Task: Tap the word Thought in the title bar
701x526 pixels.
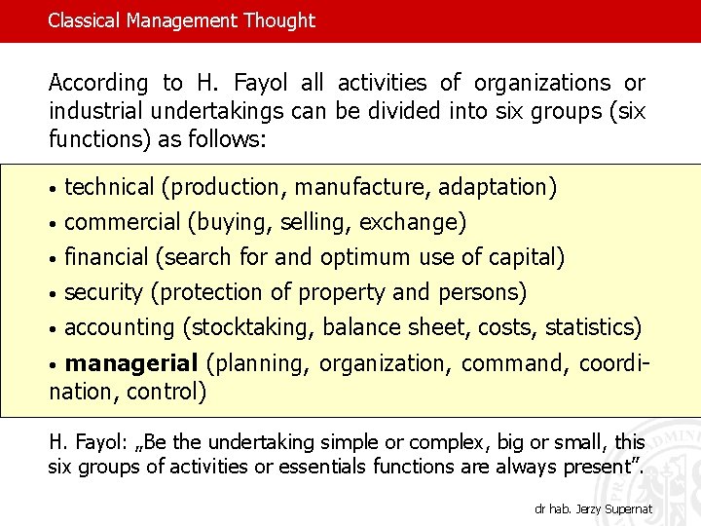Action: coord(278,20)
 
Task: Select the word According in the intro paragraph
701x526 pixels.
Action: coord(98,84)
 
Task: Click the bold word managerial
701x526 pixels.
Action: coord(130,363)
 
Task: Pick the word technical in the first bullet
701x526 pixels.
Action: coord(109,187)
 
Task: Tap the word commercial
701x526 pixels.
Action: coord(122,222)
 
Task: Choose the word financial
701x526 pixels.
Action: coord(106,257)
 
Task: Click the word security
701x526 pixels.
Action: coord(103,292)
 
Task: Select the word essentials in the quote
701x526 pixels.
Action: coord(324,466)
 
